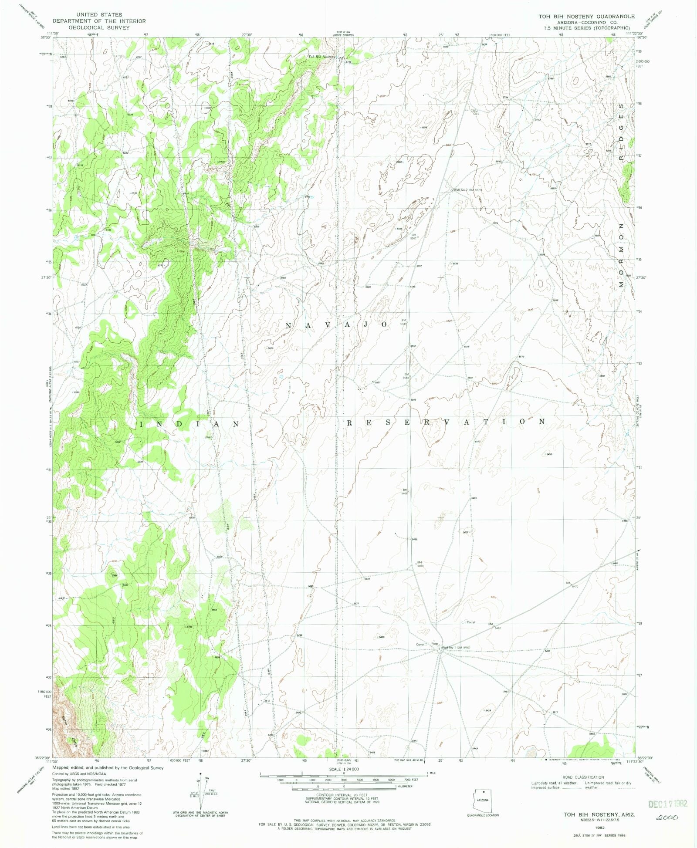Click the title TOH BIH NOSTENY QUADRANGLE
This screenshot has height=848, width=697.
pos(586,17)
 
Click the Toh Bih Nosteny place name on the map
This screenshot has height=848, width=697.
pos(321,57)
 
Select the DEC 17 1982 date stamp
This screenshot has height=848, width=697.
pos(667,804)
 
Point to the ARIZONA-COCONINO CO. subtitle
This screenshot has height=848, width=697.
pos(586,22)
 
